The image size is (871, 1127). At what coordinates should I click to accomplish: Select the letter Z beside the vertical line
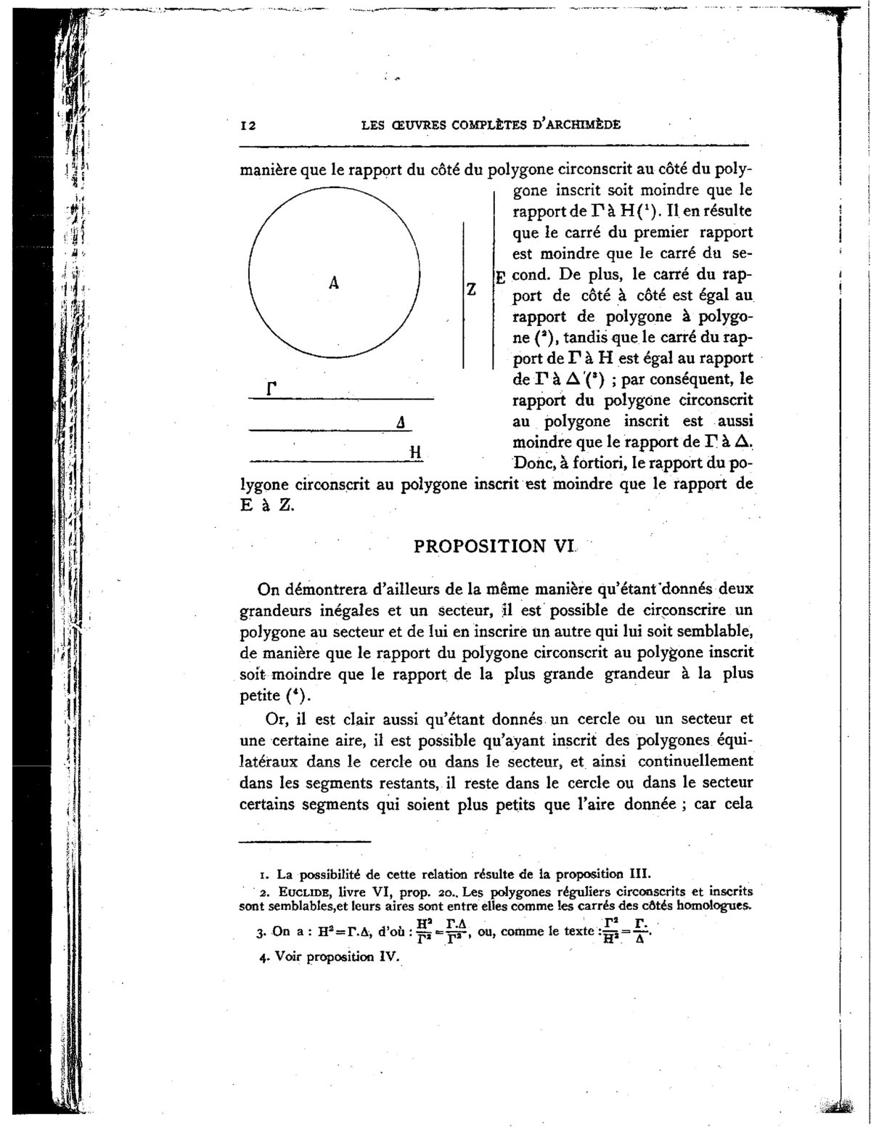pos(471,289)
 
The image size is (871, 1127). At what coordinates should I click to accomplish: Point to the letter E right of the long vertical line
pos(500,277)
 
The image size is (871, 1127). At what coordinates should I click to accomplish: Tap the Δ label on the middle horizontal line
pos(401,423)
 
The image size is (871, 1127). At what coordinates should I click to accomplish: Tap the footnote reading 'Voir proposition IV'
pos(335,956)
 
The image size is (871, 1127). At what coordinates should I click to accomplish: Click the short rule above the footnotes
pos(305,842)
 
